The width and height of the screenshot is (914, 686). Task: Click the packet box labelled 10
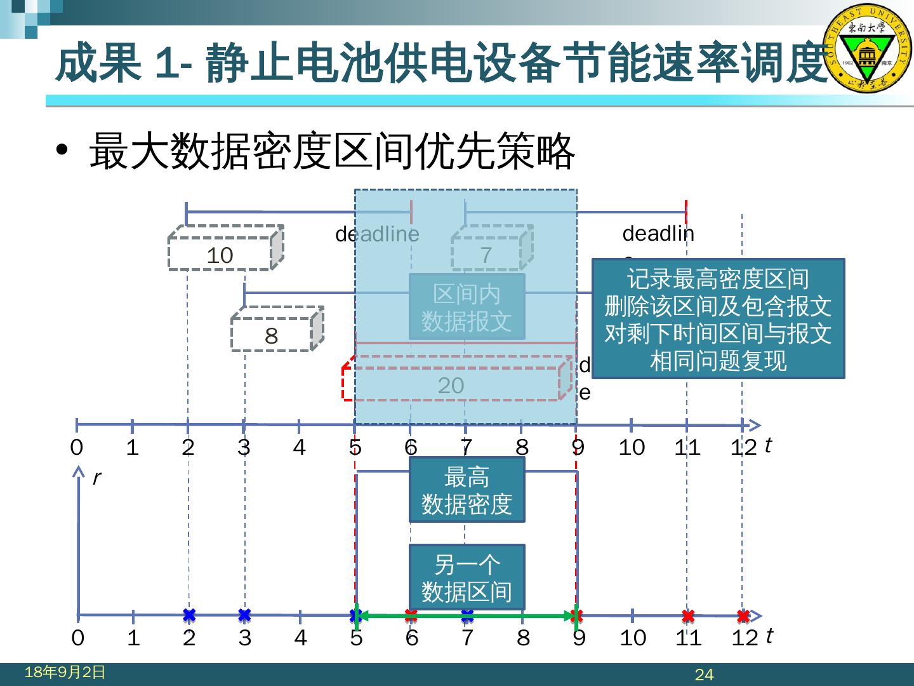coord(220,254)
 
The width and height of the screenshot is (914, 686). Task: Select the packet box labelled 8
coord(271,335)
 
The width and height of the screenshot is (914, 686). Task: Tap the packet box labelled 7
coord(486,254)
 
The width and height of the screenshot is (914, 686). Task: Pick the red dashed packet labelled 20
coord(451,385)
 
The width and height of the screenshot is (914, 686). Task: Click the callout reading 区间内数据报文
coord(467,307)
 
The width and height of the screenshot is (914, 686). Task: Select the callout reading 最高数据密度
coord(467,490)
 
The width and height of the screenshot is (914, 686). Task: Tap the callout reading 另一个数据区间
coord(467,577)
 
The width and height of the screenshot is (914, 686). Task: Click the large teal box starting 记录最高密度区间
coord(718,319)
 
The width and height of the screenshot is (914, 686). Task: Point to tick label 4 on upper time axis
coord(299,448)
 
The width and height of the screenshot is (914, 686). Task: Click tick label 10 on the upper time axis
coord(632,448)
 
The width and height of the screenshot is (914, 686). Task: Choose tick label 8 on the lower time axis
coord(523,638)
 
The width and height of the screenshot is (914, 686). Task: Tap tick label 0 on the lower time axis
coord(77,638)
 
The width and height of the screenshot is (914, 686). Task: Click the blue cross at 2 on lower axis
coord(189,615)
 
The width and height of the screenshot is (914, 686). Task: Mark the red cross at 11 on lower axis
coord(688,615)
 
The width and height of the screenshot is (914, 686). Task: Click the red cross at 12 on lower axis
coord(743,615)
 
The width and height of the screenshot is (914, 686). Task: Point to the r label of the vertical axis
coord(96,478)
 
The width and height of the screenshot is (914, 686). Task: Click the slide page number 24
coord(705,675)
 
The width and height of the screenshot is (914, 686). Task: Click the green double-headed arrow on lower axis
coord(467,615)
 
